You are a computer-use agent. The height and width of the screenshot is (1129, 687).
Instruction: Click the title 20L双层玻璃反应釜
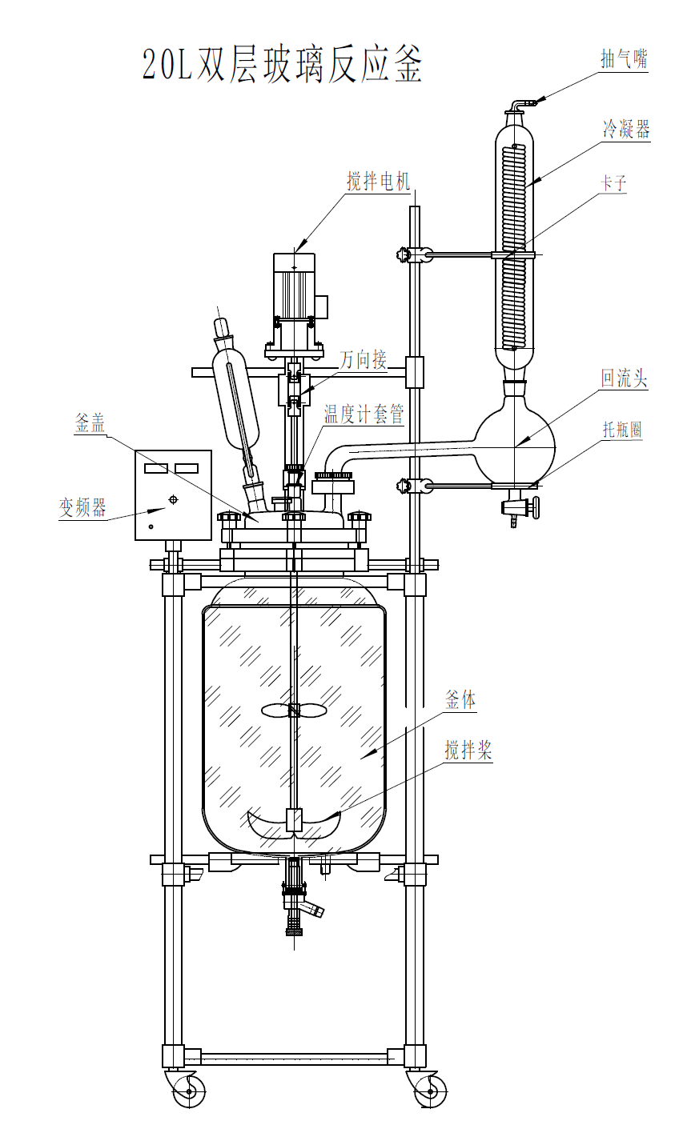click(x=282, y=65)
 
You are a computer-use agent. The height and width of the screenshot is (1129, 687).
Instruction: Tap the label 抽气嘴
click(x=624, y=59)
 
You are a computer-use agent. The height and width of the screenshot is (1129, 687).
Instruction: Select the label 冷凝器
click(x=626, y=129)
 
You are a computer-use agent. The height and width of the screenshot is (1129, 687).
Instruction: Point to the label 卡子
click(x=613, y=182)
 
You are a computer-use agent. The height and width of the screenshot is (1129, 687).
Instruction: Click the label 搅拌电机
click(x=378, y=182)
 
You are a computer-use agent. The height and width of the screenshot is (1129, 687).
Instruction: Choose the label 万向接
click(x=364, y=359)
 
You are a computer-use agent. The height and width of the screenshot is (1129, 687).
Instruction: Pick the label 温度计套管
click(x=364, y=414)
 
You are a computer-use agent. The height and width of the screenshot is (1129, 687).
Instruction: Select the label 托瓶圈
click(x=622, y=430)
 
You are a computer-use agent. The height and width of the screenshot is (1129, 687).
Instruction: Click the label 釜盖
click(x=90, y=423)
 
